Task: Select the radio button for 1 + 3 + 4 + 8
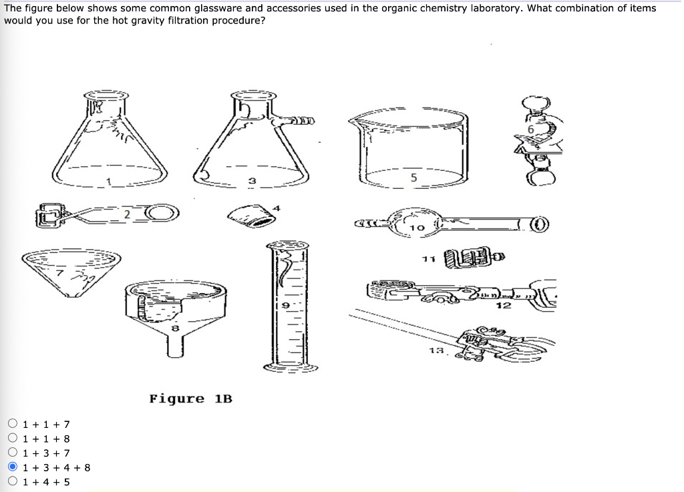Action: coord(13,467)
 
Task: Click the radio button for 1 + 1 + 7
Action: coord(13,424)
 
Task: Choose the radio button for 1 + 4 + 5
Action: coord(13,481)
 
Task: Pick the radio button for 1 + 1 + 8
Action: coord(13,439)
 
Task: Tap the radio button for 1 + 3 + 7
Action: coord(13,453)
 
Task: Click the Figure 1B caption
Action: coord(190,399)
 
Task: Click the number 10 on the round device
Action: coord(417,228)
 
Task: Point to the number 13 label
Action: coord(436,350)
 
